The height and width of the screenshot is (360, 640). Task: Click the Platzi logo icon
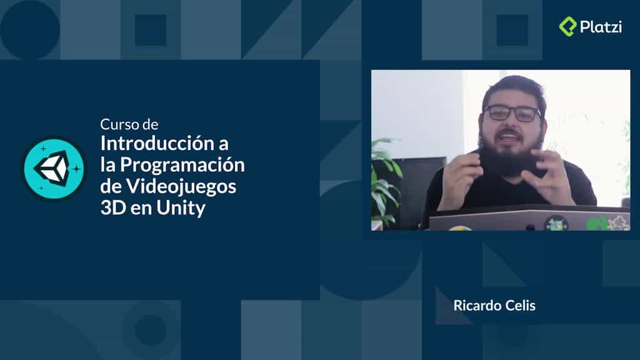[x=567, y=26]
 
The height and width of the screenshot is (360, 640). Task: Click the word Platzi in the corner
[x=600, y=27]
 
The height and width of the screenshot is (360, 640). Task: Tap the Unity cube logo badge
[x=54, y=168]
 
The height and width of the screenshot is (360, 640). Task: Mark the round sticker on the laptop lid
[x=555, y=222]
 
